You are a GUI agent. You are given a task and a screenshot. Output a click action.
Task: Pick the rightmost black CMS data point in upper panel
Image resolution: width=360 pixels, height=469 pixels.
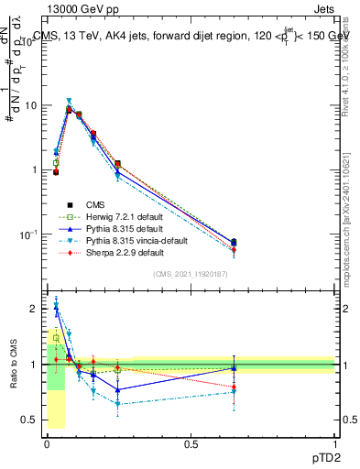234,243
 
